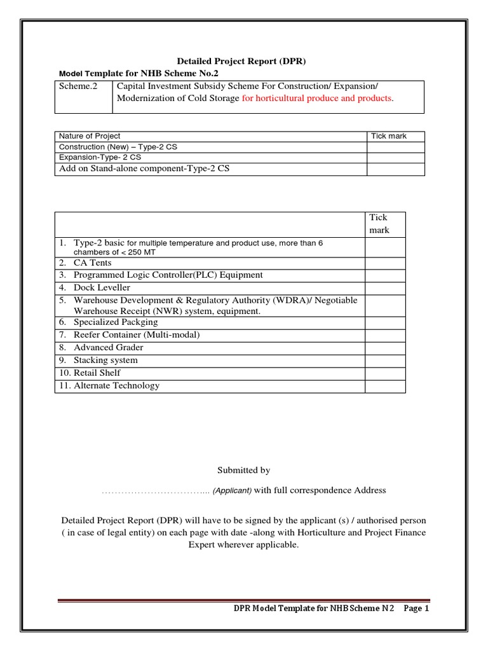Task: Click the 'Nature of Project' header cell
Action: coord(90,136)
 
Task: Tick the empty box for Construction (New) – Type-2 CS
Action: coord(395,147)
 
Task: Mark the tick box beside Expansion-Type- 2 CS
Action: coord(395,157)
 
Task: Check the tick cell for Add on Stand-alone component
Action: coord(395,168)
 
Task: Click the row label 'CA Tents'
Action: coord(92,263)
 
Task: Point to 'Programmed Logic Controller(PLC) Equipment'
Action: coord(168,275)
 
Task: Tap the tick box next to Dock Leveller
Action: coord(385,288)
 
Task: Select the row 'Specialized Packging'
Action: coord(116,322)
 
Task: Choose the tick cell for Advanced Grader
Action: coord(385,348)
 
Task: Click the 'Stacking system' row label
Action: coord(105,360)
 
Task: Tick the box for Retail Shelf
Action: coord(385,373)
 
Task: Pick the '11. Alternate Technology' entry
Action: coord(109,386)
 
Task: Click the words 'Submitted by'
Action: coord(244,470)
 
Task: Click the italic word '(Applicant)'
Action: coord(232,491)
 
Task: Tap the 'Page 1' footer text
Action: coord(417,608)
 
